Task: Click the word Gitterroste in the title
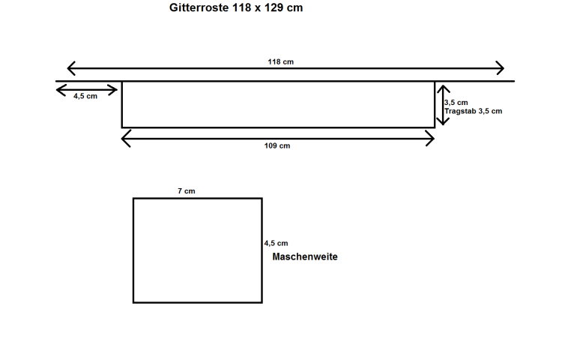199,7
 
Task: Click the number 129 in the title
274,7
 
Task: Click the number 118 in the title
241,7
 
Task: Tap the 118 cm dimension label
281,61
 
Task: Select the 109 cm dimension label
277,145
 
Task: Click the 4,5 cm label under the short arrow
85,96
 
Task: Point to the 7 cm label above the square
187,191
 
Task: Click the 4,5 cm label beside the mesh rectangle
276,243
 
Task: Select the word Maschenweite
305,256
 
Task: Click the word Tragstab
460,111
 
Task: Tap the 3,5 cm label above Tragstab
456,103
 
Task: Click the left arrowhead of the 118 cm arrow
70,68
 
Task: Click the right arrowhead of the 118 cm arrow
501,68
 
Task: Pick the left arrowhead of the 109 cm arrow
125,139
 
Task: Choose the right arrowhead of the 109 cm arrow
430,139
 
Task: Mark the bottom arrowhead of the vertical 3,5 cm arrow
443,121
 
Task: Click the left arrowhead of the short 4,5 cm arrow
60,90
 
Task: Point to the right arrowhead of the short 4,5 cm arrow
113,90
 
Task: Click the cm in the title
294,7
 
